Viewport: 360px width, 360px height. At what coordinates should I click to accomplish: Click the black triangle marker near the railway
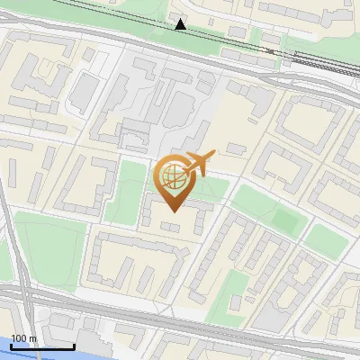[x=181, y=24]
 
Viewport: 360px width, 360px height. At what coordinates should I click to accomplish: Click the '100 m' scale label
[x=24, y=338]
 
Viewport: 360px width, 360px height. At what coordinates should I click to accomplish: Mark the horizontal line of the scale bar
[x=42, y=346]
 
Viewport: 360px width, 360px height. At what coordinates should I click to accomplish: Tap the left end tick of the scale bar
[x=12, y=345]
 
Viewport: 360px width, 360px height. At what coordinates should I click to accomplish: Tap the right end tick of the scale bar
[x=74, y=345]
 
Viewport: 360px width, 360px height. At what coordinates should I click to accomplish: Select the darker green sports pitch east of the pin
[x=286, y=218]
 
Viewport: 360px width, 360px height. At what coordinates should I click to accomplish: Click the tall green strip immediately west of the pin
[x=127, y=191]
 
